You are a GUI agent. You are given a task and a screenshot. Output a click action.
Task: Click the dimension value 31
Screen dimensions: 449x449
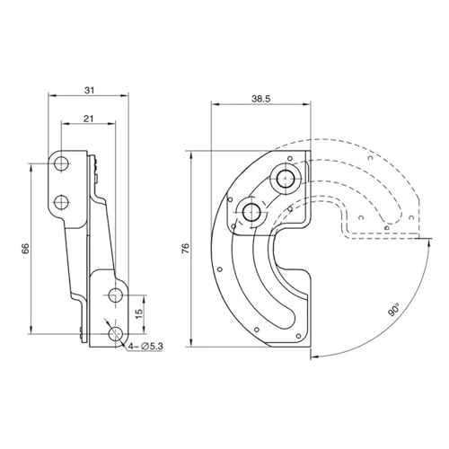click(89, 90)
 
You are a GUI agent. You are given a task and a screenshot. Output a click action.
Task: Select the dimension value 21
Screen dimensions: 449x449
click(88, 119)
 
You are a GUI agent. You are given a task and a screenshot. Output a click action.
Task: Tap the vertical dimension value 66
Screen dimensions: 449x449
click(26, 249)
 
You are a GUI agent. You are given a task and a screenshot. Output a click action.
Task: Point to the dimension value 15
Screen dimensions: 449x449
click(139, 313)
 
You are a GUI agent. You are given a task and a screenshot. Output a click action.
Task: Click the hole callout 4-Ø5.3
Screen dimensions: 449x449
click(145, 347)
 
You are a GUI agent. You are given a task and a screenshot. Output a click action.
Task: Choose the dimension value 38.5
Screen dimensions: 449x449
click(260, 99)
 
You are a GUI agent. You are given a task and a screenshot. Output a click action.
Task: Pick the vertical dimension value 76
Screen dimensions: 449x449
click(186, 249)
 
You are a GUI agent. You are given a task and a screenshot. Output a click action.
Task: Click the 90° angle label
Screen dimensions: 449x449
click(394, 309)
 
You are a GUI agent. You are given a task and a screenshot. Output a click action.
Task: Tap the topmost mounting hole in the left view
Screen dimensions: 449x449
click(62, 163)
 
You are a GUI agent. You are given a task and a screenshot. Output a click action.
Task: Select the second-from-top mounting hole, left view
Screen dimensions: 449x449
click(62, 202)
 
